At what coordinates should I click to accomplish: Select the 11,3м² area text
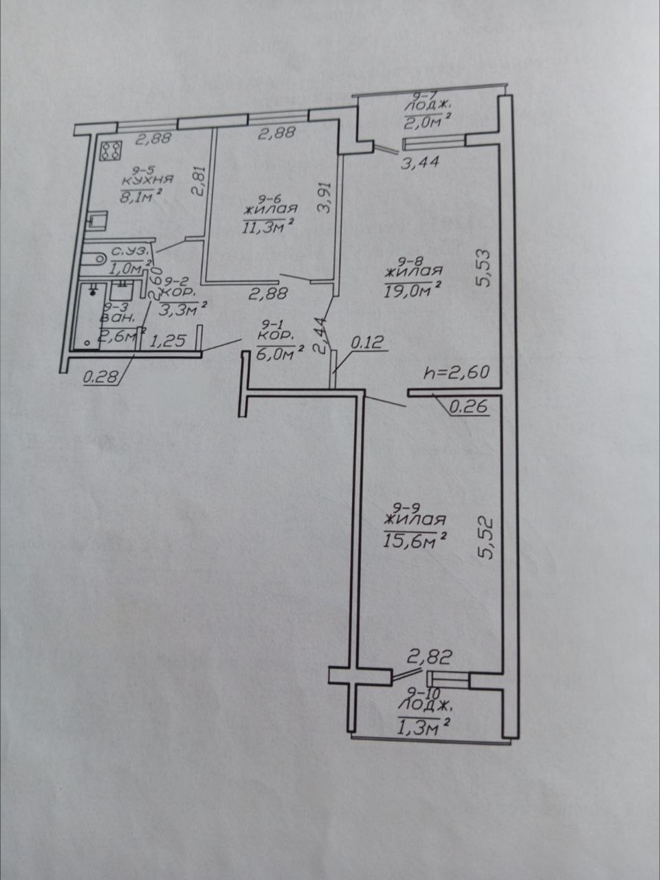point(266,228)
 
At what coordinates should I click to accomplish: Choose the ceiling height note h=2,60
point(456,373)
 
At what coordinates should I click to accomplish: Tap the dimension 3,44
point(420,162)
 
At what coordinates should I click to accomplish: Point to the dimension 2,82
point(430,657)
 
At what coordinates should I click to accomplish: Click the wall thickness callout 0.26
point(470,407)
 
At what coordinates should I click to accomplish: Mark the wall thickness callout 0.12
point(367,342)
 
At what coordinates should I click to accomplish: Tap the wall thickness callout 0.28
point(102,377)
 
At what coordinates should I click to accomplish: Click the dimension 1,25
point(168,341)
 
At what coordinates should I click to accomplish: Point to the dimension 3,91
point(324,197)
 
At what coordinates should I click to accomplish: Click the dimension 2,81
point(201,181)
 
